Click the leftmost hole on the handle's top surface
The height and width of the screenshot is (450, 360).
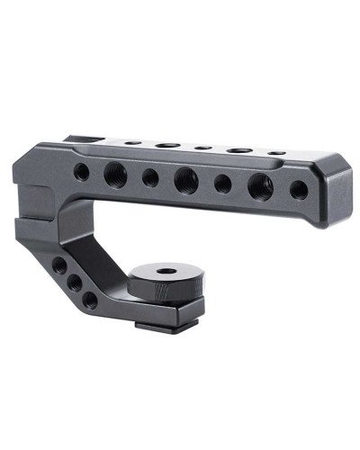pyautogui.click(x=133, y=142)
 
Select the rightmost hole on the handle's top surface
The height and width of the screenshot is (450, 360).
pyautogui.click(x=272, y=153)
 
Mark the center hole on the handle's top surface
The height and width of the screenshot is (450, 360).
pyautogui.click(x=202, y=148)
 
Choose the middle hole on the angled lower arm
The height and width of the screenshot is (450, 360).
pyautogui.click(x=75, y=281)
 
